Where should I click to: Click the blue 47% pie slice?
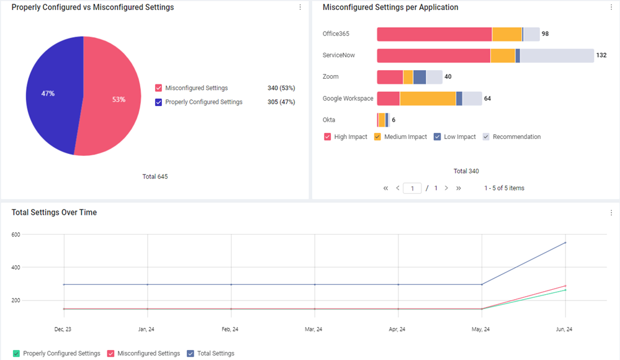tap(52, 95)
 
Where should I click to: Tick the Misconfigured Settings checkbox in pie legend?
tap(158, 88)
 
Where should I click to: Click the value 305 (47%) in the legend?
tap(281, 102)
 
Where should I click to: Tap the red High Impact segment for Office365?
tap(434, 34)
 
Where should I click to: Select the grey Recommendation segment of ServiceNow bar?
tap(557, 56)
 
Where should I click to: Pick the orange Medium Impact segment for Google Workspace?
tap(428, 99)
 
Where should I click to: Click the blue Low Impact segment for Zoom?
tap(420, 77)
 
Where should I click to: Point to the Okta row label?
tap(328, 120)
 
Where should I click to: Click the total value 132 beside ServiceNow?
tap(601, 55)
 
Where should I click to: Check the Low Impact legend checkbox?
tap(437, 137)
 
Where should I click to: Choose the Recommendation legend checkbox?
tap(486, 137)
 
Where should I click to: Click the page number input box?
tap(412, 188)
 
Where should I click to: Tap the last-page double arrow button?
tap(458, 188)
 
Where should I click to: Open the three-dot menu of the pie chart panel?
tap(300, 7)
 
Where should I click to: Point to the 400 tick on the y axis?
tap(16, 268)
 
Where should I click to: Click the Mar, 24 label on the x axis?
tap(313, 329)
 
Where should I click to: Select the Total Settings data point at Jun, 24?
tap(565, 243)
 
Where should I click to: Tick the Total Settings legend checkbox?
tap(191, 353)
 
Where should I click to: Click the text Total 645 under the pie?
tap(155, 176)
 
